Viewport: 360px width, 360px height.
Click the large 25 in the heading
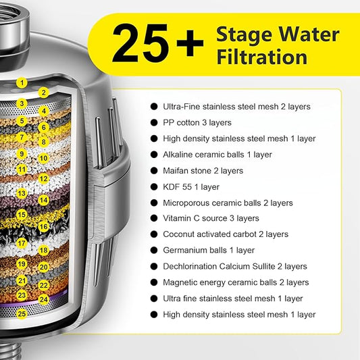pyautogui.click(x=140, y=43)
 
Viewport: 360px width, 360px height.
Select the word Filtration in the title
pyautogui.click(x=262, y=57)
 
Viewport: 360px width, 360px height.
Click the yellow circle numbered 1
pyautogui.click(x=22, y=82)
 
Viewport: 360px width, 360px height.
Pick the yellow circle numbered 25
pyautogui.click(x=22, y=313)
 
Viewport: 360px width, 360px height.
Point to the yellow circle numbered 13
pyautogui.click(x=22, y=193)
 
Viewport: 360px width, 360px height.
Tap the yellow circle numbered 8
pyautogui.click(x=44, y=142)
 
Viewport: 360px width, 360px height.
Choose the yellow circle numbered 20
pyautogui.click(x=44, y=267)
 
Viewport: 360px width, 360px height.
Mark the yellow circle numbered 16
pyautogui.click(x=44, y=227)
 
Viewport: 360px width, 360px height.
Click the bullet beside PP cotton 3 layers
pyautogui.click(x=154, y=123)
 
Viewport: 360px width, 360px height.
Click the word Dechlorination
pyautogui.click(x=190, y=266)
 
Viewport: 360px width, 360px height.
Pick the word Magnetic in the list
pyautogui.click(x=179, y=282)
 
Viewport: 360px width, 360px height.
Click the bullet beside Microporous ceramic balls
pyautogui.click(x=154, y=203)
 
